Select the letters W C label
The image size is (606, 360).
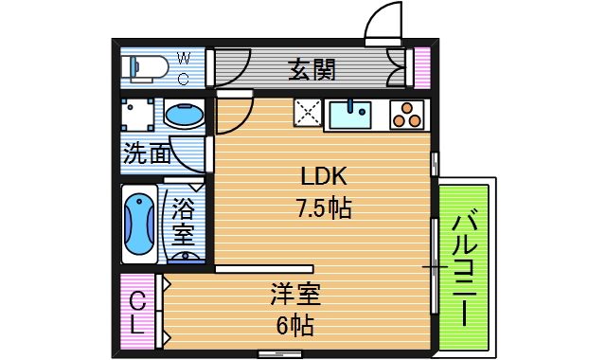click(184, 68)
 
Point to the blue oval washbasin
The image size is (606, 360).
click(184, 116)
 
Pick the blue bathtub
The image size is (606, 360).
click(138, 225)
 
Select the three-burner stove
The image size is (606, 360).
click(408, 115)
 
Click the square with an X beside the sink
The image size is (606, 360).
click(308, 115)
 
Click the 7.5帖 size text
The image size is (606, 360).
click(324, 208)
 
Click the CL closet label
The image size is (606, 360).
click(137, 314)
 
